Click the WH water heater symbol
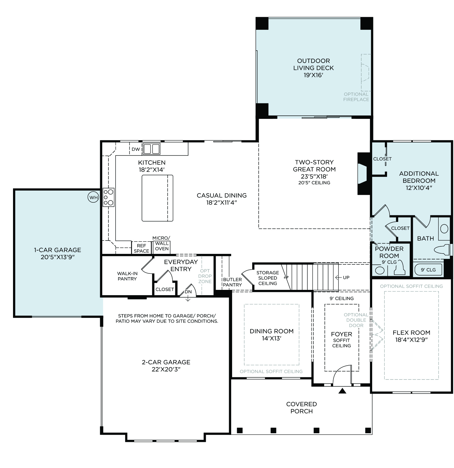tap(93, 197)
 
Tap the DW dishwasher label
tap(136, 149)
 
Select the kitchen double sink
tap(151, 149)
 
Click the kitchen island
tap(157, 198)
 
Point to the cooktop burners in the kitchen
tap(108, 197)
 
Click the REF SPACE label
tap(141, 248)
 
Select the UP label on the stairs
tap(346, 277)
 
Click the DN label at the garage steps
tap(188, 292)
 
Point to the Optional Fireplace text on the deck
tap(356, 97)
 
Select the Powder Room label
tap(389, 252)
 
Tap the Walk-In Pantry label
tap(127, 276)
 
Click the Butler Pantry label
tap(232, 282)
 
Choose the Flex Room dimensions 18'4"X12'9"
tap(412, 340)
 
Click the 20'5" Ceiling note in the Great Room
tap(314, 183)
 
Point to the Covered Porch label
tap(302, 407)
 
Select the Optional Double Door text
tap(356, 320)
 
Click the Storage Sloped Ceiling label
tap(268, 278)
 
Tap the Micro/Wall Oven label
tap(161, 243)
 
